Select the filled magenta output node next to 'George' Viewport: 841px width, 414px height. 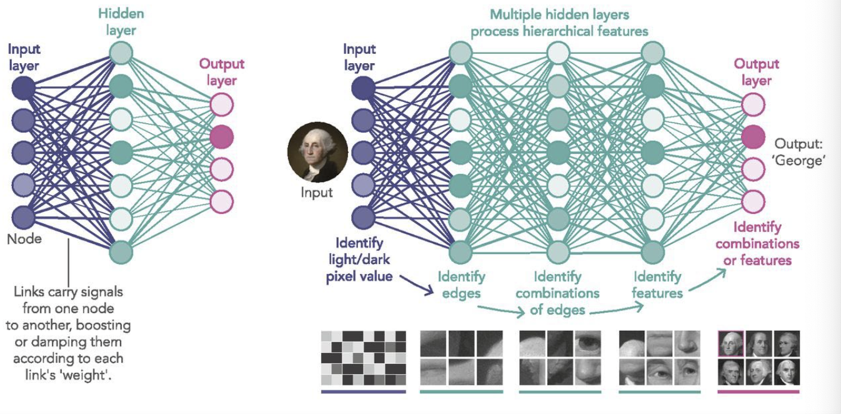click(x=753, y=136)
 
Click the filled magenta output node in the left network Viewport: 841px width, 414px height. click(x=222, y=136)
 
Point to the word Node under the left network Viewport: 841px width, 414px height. click(x=25, y=239)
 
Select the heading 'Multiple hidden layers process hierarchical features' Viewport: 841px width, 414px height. click(x=559, y=22)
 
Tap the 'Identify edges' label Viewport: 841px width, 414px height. click(x=461, y=283)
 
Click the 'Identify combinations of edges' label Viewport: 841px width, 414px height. click(x=558, y=293)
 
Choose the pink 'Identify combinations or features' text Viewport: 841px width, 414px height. click(x=757, y=244)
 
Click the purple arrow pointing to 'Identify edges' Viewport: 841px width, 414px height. click(x=415, y=283)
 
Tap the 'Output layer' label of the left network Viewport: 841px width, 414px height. click(x=222, y=72)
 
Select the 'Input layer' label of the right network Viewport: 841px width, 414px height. click(x=359, y=57)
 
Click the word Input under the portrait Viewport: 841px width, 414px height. click(x=317, y=193)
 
